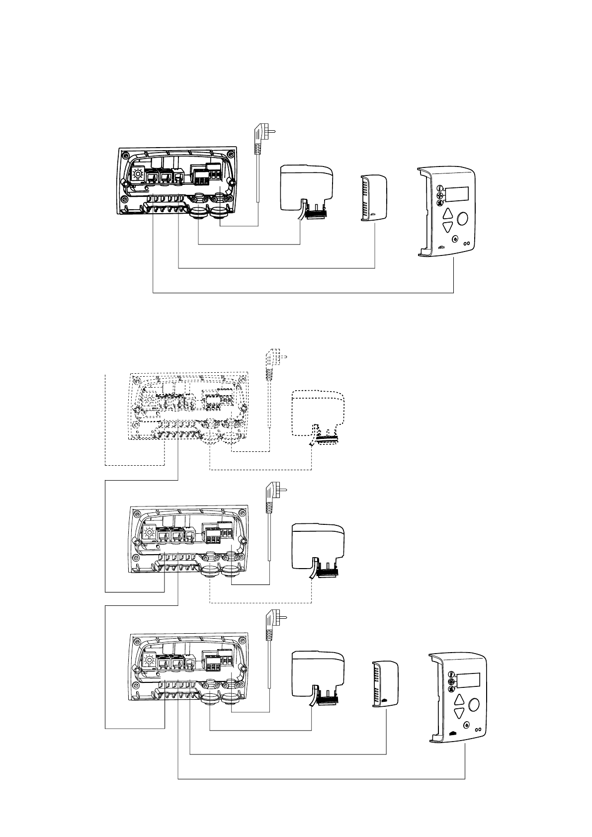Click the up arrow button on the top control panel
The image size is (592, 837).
[448, 214]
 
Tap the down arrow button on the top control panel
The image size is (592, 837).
[448, 228]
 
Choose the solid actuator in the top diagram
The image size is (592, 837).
[304, 189]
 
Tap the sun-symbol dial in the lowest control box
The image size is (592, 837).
[149, 661]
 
